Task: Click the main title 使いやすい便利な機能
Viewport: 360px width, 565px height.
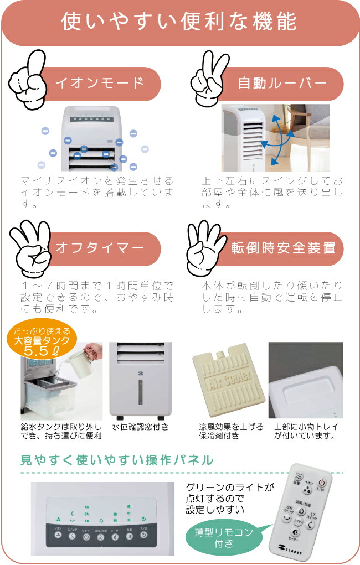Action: tap(179, 22)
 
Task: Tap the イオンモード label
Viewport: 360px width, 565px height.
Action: tap(100, 84)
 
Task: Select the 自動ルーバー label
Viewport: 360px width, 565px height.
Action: tap(282, 84)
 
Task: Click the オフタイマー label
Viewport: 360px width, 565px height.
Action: tap(100, 248)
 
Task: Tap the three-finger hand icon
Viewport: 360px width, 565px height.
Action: tap(30, 246)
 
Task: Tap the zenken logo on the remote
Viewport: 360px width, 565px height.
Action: tap(289, 545)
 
